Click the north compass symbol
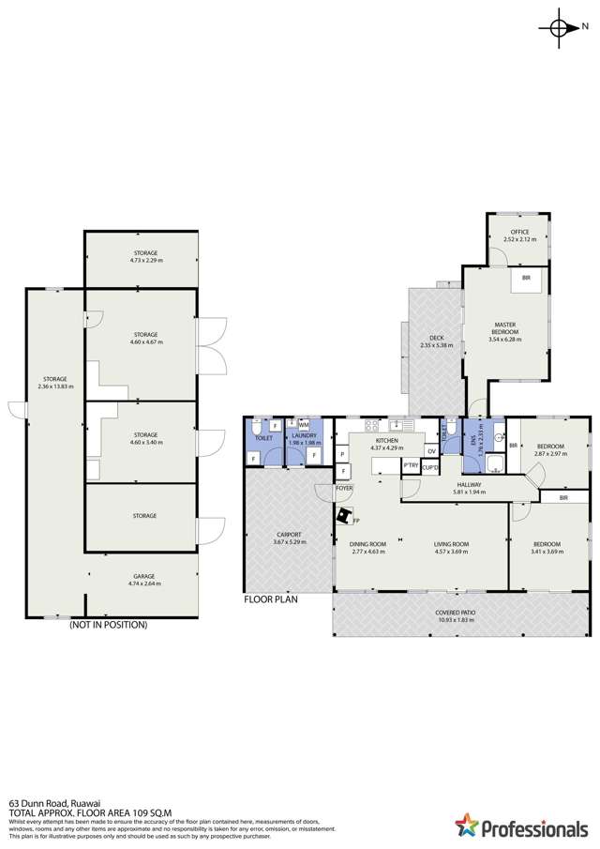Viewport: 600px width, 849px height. (561, 28)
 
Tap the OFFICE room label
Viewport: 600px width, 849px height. (519, 232)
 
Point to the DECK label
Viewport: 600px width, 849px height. (436, 338)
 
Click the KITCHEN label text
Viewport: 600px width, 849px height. (387, 440)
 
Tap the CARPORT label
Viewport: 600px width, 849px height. (289, 538)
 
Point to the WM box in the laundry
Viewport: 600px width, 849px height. (304, 425)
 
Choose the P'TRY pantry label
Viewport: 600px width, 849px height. (410, 465)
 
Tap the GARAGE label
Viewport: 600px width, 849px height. (144, 576)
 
